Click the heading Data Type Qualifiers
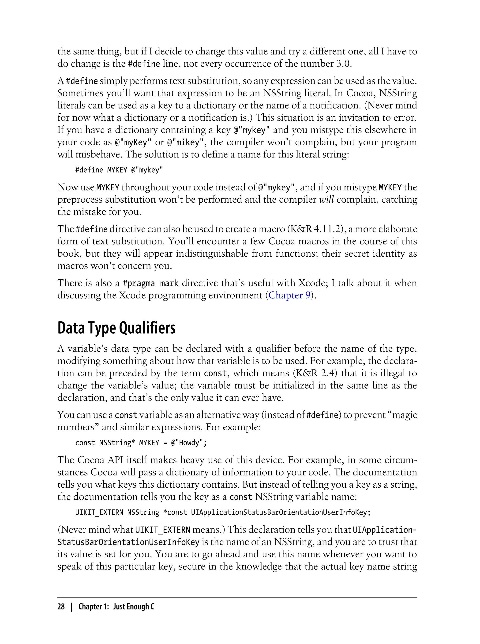click(116, 328)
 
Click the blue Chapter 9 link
click(289, 295)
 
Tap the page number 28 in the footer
click(61, 606)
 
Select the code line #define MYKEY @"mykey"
click(119, 170)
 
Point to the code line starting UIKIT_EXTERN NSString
click(223, 512)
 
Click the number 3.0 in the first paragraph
click(343, 64)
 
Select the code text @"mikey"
click(185, 142)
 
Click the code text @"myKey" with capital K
click(133, 142)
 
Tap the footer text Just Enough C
click(134, 606)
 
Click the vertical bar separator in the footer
click(71, 606)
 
